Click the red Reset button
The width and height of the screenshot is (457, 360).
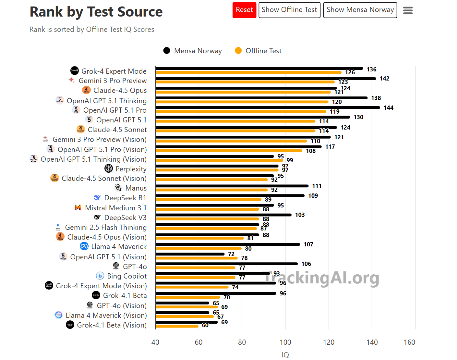click(244, 10)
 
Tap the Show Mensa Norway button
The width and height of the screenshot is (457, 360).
click(360, 10)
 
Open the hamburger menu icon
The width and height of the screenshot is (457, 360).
click(408, 11)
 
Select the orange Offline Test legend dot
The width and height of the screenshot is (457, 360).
click(238, 51)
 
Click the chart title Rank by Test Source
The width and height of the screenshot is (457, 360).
click(96, 12)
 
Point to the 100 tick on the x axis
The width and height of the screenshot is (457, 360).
click(285, 342)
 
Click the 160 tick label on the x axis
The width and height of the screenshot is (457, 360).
click(409, 342)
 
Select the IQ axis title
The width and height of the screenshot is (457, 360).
click(285, 355)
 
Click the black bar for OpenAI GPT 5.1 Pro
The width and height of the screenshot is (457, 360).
click(268, 107)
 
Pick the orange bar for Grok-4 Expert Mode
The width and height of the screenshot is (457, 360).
click(248, 72)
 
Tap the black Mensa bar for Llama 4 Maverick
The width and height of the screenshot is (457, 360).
click(228, 244)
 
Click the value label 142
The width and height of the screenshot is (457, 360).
click(384, 79)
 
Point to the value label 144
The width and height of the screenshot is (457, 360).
click(388, 108)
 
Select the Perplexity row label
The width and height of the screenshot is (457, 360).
click(131, 169)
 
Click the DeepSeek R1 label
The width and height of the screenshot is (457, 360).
click(125, 198)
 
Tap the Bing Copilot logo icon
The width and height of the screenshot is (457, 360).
click(100, 276)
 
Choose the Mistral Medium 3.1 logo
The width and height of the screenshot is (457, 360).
click(78, 207)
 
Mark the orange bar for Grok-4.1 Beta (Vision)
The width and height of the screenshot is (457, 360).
click(177, 326)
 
